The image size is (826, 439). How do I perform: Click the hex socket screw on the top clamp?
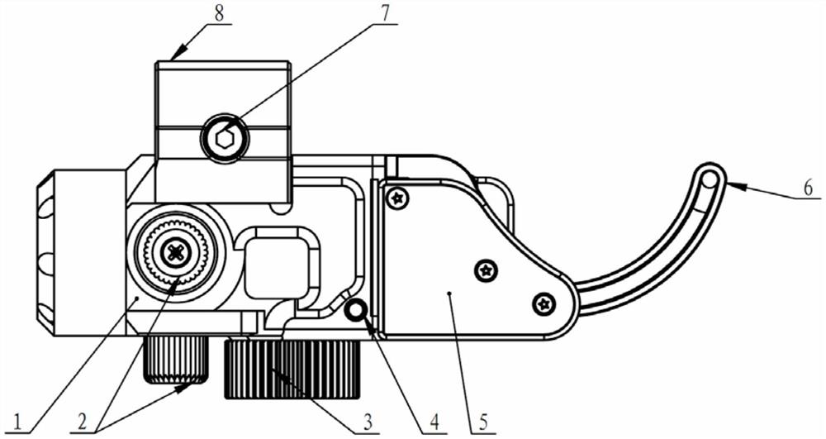(x=224, y=137)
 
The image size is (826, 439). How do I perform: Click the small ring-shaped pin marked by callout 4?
(x=357, y=310)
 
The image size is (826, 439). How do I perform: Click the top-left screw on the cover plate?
(x=400, y=197)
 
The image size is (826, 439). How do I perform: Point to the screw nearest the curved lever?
(x=543, y=305)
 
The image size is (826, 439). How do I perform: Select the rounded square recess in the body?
(x=277, y=262)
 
